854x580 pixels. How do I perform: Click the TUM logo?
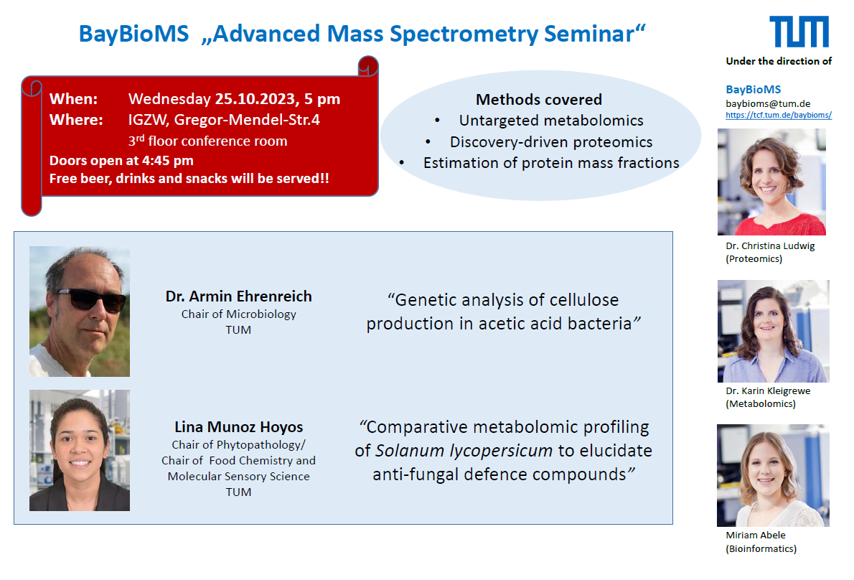click(799, 32)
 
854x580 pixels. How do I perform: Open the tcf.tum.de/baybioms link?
click(779, 115)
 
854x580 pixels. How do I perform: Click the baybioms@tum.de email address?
click(768, 103)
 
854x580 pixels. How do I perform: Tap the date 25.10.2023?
click(256, 98)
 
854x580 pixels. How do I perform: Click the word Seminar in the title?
click(595, 34)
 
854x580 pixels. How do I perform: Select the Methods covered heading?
click(539, 100)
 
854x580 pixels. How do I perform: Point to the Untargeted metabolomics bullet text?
click(551, 121)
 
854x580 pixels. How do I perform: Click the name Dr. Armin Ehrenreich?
click(238, 296)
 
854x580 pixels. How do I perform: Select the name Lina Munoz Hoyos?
click(238, 427)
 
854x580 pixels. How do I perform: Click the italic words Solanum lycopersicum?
click(464, 451)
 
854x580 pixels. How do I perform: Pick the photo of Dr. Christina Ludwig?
click(771, 182)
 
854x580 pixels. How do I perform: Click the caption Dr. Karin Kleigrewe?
click(768, 391)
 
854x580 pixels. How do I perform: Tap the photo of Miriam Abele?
click(774, 475)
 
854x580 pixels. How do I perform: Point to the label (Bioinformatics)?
click(761, 548)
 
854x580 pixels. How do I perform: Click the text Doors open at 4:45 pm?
click(121, 161)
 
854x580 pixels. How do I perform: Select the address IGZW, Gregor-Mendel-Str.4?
click(224, 120)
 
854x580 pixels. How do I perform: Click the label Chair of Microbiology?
click(238, 314)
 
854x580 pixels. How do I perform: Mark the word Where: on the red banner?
click(76, 120)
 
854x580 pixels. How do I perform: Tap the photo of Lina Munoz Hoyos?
click(80, 450)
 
